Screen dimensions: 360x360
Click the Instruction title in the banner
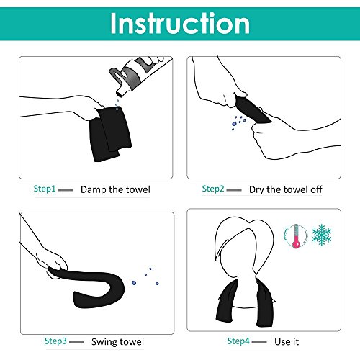180,23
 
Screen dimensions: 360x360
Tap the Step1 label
45,189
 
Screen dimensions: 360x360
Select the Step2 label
213,189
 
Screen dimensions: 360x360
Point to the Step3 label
55,341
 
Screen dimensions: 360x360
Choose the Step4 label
238,341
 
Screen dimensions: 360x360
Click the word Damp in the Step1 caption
94,189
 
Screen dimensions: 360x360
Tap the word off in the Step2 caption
316,189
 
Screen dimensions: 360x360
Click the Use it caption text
287,341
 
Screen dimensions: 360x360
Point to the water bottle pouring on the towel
137,74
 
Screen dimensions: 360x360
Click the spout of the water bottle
121,92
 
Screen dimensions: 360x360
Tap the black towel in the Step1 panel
110,134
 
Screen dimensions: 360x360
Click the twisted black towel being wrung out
251,109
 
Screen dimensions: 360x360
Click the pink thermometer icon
296,236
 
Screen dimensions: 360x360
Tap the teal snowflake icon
322,235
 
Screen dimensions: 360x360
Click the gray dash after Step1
66,190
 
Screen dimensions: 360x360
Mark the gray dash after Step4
259,342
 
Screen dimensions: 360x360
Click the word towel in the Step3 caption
132,342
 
